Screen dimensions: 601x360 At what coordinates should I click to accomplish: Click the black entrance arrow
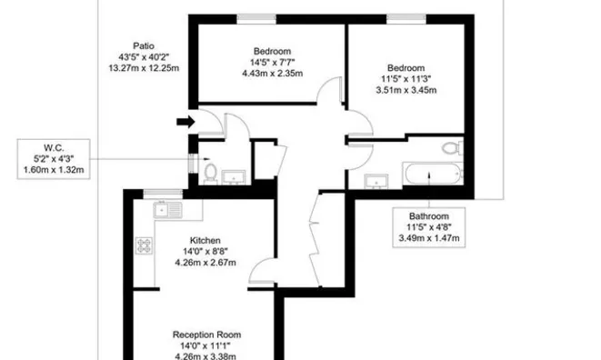point(185,122)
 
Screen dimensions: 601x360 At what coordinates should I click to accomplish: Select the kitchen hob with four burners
point(145,245)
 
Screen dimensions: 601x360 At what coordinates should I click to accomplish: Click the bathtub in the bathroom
point(433,174)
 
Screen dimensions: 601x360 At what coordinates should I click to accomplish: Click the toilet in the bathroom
point(453,147)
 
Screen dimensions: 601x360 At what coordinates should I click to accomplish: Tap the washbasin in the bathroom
point(376,181)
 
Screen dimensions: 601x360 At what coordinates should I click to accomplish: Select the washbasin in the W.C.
point(234,177)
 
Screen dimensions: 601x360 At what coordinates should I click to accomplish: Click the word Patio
point(144,46)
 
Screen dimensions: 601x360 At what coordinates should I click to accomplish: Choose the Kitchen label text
point(205,240)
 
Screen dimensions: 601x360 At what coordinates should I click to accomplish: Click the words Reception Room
point(207,335)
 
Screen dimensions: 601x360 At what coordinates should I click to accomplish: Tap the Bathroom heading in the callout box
point(429,215)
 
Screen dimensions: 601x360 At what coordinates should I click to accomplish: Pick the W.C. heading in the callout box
point(54,147)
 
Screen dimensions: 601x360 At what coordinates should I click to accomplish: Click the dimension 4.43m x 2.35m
point(273,74)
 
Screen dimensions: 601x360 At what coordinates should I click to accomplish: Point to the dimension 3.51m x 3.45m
point(406,90)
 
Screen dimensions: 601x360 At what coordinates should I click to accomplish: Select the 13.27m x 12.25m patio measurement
point(144,68)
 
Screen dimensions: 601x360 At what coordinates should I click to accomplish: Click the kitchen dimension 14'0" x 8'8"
point(205,252)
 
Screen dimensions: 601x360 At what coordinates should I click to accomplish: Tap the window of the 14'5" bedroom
point(256,18)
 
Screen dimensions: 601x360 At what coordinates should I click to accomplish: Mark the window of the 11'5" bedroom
point(406,18)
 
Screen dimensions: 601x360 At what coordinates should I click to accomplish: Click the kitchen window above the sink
point(163,194)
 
